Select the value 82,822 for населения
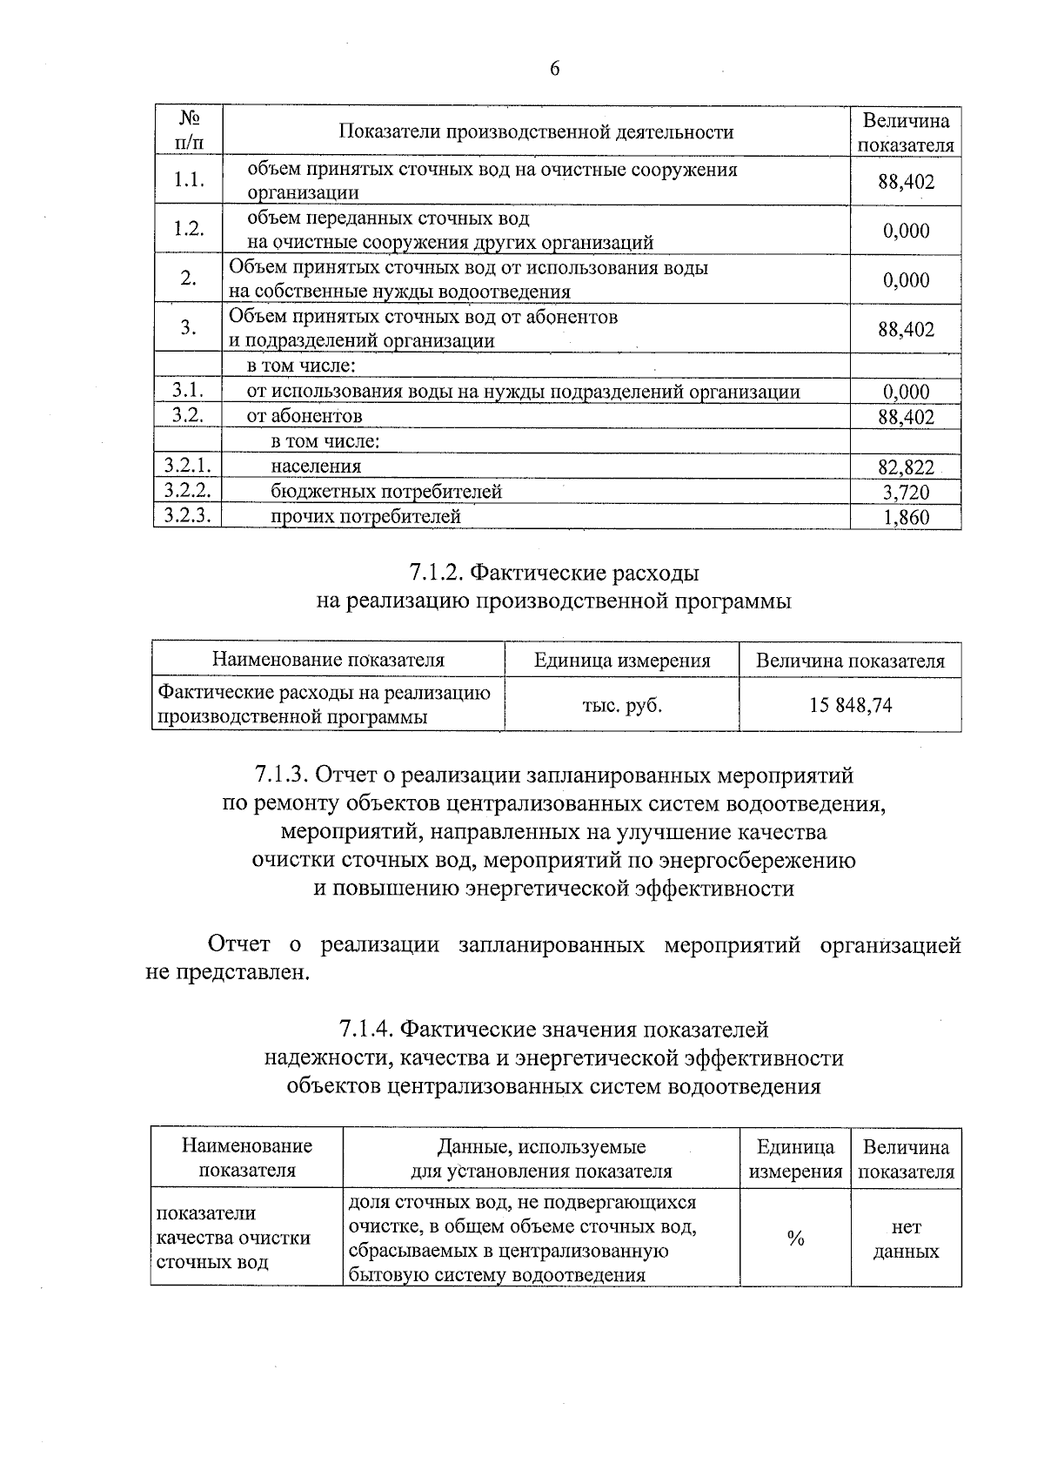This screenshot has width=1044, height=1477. point(906,468)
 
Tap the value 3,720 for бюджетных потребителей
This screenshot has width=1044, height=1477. point(906,493)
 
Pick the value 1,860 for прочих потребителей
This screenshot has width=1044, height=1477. point(906,518)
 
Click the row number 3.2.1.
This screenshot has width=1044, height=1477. point(188,466)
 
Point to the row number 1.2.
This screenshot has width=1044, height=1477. point(188,229)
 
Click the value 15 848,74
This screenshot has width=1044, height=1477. point(850,706)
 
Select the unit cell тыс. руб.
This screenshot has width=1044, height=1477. point(622,706)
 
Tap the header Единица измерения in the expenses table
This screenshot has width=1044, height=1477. point(622,661)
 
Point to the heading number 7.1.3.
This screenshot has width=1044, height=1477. point(281,775)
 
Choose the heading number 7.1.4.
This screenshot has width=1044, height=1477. point(366,1030)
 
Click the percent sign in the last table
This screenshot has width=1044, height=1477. point(795,1239)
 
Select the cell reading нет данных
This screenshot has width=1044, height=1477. point(906,1239)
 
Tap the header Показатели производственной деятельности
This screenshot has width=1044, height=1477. point(536,132)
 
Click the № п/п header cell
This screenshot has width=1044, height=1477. point(189,131)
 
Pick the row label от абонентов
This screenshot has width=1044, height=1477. point(304,416)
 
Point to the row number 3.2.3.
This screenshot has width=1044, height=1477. point(188,515)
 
